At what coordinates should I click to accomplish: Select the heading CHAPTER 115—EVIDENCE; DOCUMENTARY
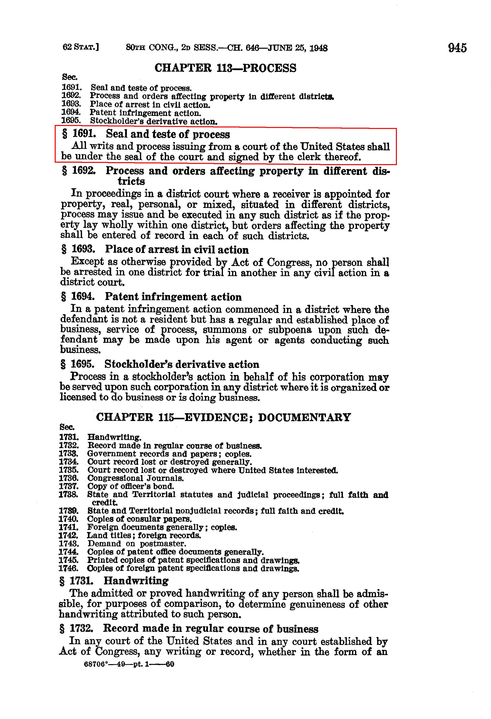pyautogui.click(x=223, y=417)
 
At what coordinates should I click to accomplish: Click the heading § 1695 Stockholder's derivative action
pyautogui.click(x=160, y=364)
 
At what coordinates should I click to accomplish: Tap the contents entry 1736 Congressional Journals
pyautogui.click(x=121, y=478)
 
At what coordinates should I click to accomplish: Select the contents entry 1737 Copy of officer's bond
pyautogui.click(x=116, y=486)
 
